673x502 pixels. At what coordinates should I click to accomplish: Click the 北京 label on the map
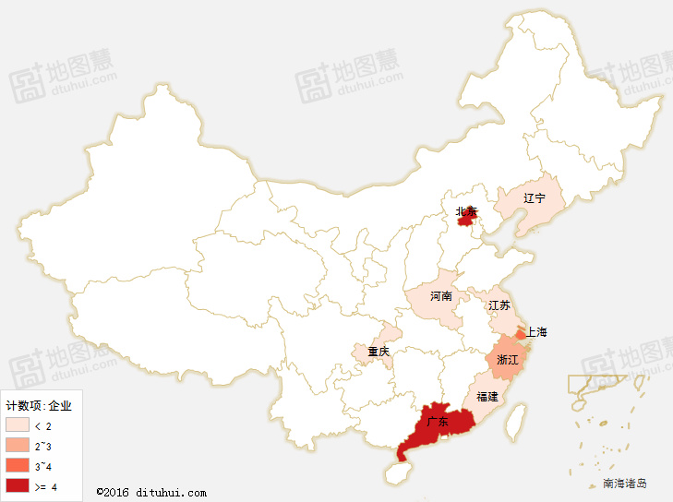[x=466, y=212]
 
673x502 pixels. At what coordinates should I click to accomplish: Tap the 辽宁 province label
[x=535, y=198]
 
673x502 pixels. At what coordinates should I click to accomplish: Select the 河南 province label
[x=441, y=296]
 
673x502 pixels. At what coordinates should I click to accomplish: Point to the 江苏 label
[x=499, y=305]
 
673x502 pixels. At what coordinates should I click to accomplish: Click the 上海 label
[x=536, y=332]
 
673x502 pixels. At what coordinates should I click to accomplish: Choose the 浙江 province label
[x=508, y=359]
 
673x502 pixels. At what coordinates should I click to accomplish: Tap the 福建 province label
[x=487, y=397]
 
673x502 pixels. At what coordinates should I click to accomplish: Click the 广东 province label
[x=438, y=423]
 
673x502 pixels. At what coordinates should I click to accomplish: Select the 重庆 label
[x=379, y=352]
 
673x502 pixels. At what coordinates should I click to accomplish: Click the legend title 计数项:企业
[x=38, y=405]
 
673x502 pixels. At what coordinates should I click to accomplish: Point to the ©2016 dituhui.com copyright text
[x=151, y=492]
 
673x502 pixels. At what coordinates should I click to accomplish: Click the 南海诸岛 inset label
[x=625, y=483]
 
